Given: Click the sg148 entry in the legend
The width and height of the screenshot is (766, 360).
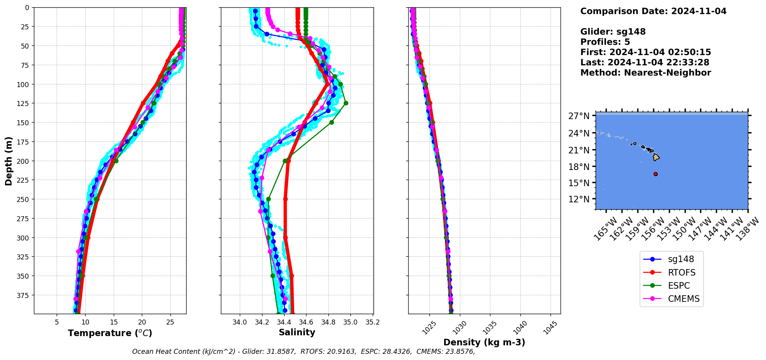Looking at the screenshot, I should [x=681, y=259].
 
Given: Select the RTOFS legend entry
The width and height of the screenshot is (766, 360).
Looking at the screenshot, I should [x=682, y=273].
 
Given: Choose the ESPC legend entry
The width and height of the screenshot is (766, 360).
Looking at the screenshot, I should [x=679, y=286].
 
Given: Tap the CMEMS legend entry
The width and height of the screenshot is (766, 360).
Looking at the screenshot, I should [x=684, y=299].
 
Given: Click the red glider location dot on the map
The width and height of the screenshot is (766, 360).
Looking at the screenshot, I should [x=655, y=174].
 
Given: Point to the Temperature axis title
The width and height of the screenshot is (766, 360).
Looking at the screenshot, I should [x=110, y=333].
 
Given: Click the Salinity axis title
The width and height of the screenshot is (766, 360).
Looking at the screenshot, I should [x=297, y=332].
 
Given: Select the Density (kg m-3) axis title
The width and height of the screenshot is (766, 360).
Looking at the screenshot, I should [x=484, y=342].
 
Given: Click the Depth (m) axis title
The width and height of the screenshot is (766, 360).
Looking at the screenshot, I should [x=8, y=161].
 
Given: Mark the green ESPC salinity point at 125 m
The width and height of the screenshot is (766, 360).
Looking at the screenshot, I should [x=346, y=103].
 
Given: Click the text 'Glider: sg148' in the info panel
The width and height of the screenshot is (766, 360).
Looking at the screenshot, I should [x=613, y=32].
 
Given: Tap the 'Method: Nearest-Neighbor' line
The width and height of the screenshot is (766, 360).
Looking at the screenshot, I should [x=645, y=72].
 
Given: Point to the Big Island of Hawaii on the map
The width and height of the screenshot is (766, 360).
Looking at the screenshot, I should [x=656, y=157].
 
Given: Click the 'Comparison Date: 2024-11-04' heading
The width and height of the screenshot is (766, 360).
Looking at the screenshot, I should [x=653, y=11].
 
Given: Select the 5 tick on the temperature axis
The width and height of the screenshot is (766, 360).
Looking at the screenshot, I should [x=57, y=322].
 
